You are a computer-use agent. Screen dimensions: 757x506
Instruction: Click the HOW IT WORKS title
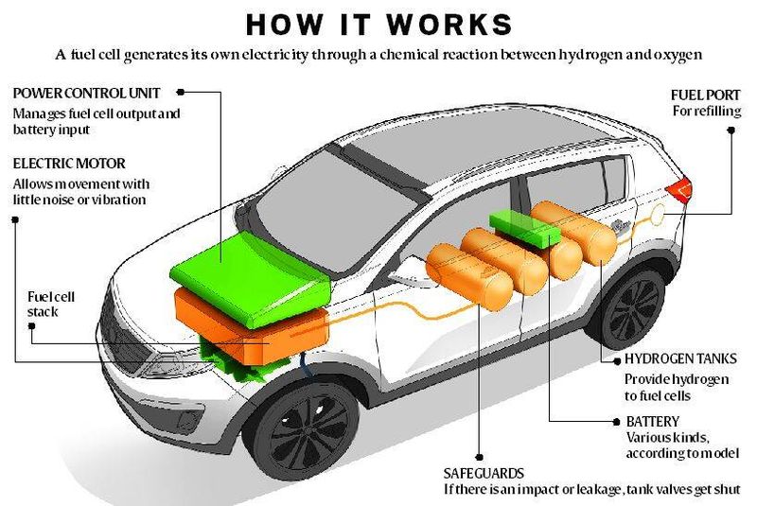coord(379,25)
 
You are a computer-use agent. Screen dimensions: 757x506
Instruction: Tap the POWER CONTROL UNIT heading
coord(86,93)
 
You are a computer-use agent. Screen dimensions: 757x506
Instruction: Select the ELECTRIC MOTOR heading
coord(69,164)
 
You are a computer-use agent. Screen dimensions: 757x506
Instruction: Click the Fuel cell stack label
coord(51,304)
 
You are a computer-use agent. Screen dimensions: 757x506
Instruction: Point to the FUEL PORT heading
coord(705,95)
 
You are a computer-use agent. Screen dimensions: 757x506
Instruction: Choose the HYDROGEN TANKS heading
coord(680,358)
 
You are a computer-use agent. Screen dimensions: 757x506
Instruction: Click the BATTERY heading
coord(653,422)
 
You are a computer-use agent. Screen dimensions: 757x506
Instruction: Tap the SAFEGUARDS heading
coord(484,473)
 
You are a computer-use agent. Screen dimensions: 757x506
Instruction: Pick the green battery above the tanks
coord(525,228)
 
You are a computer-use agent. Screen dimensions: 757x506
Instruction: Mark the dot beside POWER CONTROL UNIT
coord(181,92)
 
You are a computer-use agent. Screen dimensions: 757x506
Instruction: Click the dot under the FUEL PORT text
coord(731,131)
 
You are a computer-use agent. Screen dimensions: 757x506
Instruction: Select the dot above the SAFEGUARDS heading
coord(480,457)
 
